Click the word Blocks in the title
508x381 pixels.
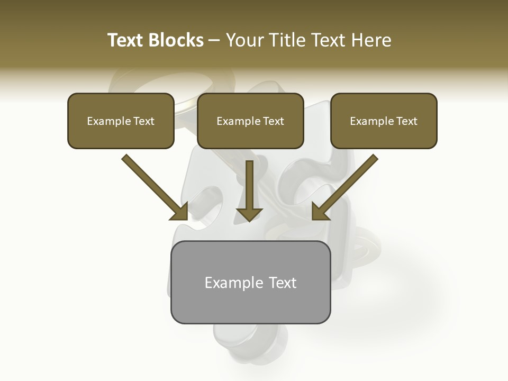(176, 40)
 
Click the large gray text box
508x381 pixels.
(250, 307)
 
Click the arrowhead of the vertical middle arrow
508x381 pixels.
(249, 214)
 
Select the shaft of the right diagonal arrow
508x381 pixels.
(352, 180)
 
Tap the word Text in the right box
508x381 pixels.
(406, 121)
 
